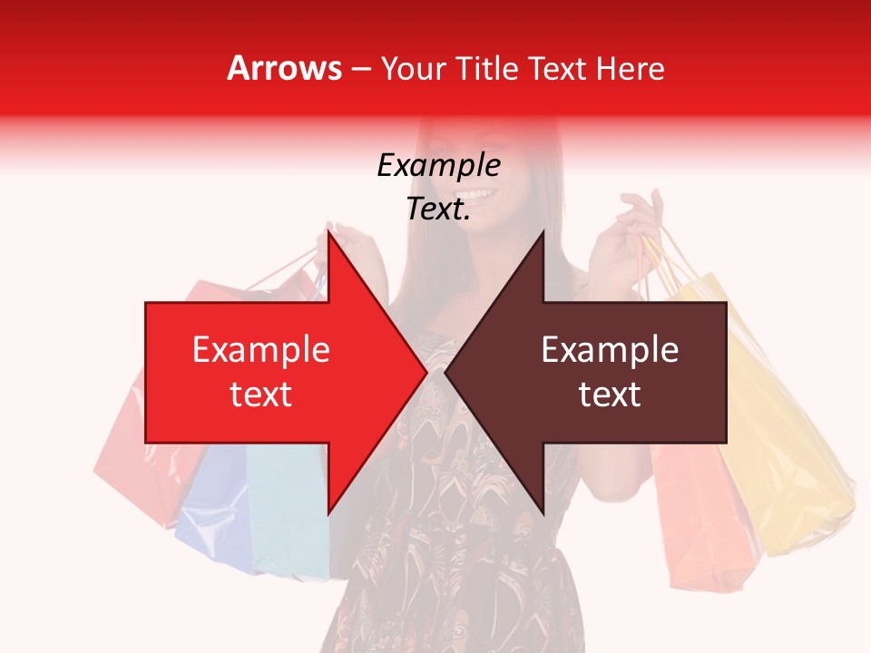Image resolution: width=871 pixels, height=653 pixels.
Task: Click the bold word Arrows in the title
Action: point(285,68)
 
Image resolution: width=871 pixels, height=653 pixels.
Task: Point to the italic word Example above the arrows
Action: point(438,166)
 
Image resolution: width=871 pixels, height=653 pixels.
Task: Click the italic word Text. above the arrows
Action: point(438,210)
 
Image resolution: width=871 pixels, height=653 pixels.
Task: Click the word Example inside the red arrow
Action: point(261,350)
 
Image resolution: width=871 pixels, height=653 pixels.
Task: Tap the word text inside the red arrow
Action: point(261,395)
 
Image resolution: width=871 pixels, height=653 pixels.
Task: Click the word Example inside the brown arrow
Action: point(610,350)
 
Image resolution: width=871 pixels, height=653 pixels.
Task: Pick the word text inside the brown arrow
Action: point(610,395)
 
